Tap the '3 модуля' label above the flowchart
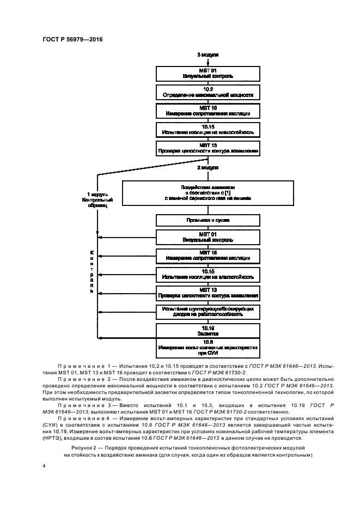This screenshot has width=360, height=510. click(x=208, y=56)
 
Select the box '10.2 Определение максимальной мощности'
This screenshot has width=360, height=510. click(x=208, y=92)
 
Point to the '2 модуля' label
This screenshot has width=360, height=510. click(x=208, y=168)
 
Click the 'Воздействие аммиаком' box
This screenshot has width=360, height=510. click(x=208, y=193)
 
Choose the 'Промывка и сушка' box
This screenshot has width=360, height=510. click(x=208, y=220)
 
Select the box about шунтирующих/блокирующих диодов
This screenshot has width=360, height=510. click(x=208, y=311)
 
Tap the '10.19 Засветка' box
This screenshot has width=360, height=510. click(x=208, y=330)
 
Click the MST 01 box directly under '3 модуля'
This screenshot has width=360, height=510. click(x=208, y=74)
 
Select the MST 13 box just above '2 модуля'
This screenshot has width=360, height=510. click(x=208, y=148)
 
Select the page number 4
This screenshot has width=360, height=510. click(x=44, y=466)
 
